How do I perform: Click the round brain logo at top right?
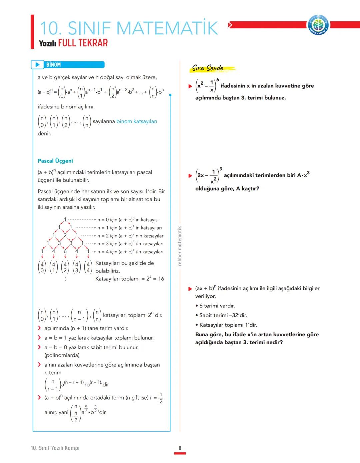(x=318, y=25)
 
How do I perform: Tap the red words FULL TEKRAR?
(x=83, y=43)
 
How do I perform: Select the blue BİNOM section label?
(x=54, y=65)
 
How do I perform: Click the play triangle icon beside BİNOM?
(x=37, y=65)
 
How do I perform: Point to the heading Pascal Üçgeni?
(x=55, y=161)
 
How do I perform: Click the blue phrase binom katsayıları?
(x=137, y=121)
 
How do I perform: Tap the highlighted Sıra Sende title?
(x=208, y=68)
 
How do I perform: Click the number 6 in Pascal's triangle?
(x=65, y=251)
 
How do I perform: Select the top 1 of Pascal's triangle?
(x=65, y=219)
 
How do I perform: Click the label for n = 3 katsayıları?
(x=130, y=244)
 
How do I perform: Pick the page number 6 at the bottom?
(x=180, y=448)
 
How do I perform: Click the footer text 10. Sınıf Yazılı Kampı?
(x=55, y=448)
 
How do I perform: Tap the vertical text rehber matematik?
(x=180, y=246)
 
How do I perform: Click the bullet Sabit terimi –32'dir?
(x=223, y=315)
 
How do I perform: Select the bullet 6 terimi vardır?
(x=217, y=306)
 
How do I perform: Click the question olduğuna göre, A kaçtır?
(x=227, y=188)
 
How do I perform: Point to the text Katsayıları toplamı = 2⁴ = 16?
(x=130, y=279)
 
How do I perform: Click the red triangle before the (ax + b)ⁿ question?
(x=190, y=289)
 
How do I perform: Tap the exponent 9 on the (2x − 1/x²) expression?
(x=221, y=169)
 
